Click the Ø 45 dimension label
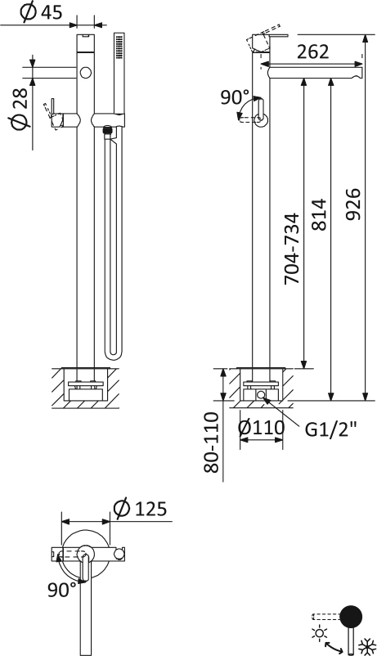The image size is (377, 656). tap(41, 12)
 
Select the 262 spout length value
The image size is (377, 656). tap(313, 52)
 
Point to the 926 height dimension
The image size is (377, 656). tap(353, 204)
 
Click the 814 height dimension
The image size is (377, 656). tap(319, 214)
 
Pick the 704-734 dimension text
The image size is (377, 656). tap(292, 249)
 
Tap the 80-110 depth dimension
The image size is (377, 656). tap(211, 443)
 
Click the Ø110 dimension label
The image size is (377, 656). tap(262, 428)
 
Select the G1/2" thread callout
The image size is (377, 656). tap(331, 429)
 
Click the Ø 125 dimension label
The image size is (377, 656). tap(140, 509)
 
